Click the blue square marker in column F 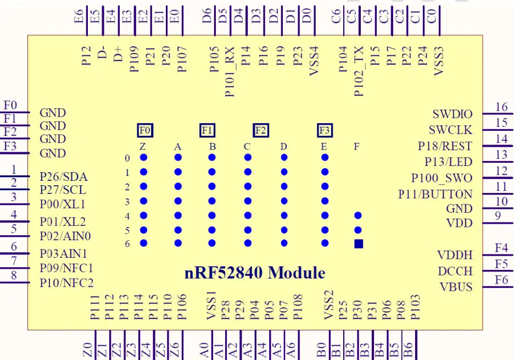(359, 243)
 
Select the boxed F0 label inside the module (145, 130)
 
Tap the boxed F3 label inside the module (325, 130)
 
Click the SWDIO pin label (452, 114)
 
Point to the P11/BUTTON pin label (435, 194)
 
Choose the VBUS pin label (456, 286)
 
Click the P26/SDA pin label (64, 177)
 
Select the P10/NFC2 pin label (66, 283)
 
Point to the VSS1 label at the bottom (211, 309)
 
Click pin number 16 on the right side (501, 107)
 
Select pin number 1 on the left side (14, 170)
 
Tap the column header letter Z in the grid (143, 147)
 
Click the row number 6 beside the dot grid (127, 243)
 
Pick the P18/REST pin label (445, 146)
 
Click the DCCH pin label (455, 271)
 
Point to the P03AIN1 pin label (63, 254)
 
